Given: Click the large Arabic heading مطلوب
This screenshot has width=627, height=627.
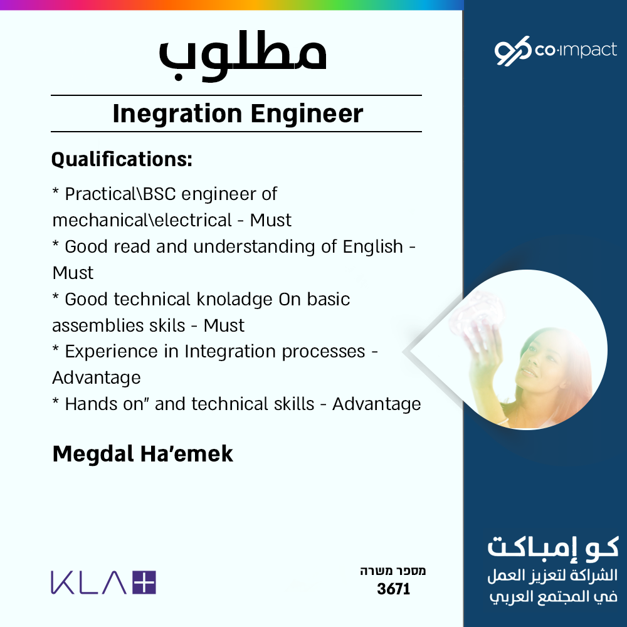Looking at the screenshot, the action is (x=243, y=56).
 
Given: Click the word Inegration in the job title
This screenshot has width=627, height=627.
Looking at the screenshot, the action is (x=177, y=114).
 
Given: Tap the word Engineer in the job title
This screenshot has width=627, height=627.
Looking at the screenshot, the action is (x=307, y=114).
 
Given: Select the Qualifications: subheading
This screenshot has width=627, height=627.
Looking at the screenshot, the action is (x=122, y=159).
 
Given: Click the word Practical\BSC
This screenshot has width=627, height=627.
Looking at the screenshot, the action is (x=120, y=194).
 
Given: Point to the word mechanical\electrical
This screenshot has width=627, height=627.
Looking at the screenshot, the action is (x=142, y=220).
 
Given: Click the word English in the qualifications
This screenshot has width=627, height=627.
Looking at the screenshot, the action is (x=372, y=247).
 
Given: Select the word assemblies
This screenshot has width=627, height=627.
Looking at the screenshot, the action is (x=99, y=325).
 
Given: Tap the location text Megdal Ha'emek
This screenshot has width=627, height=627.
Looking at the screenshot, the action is (x=143, y=454).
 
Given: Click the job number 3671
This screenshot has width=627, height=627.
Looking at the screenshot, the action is (x=394, y=589).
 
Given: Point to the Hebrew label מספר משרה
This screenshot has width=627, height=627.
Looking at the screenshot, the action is (x=393, y=571).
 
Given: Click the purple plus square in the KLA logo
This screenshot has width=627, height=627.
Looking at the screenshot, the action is (x=144, y=582).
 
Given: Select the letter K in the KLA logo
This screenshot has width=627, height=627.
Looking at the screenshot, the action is (x=62, y=582).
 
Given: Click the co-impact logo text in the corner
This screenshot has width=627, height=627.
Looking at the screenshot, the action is (x=576, y=50).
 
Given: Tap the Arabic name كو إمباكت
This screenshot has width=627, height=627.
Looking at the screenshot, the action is (x=553, y=547).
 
